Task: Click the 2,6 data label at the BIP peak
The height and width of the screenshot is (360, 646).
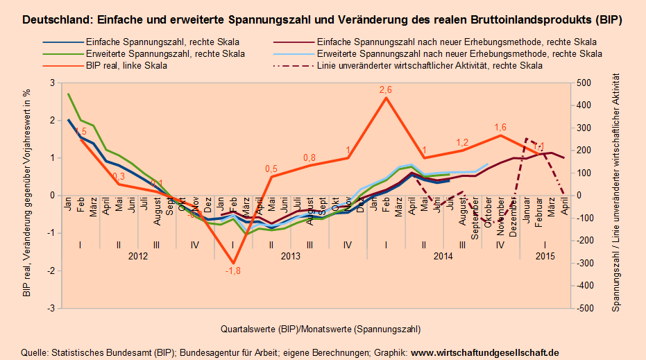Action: (386, 90)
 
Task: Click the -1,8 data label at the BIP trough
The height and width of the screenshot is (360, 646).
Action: (232, 271)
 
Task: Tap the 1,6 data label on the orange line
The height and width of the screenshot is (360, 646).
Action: (500, 128)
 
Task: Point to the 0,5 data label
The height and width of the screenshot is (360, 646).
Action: (271, 169)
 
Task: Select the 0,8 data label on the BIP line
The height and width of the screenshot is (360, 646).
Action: (309, 157)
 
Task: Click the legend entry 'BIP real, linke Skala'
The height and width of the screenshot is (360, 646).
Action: (126, 66)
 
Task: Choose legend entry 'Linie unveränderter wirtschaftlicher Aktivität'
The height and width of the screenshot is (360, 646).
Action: (429, 66)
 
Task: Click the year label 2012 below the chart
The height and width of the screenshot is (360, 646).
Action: (138, 256)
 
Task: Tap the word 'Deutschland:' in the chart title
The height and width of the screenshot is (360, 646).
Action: (52, 21)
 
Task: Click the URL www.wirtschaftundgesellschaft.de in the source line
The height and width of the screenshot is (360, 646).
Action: (485, 352)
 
